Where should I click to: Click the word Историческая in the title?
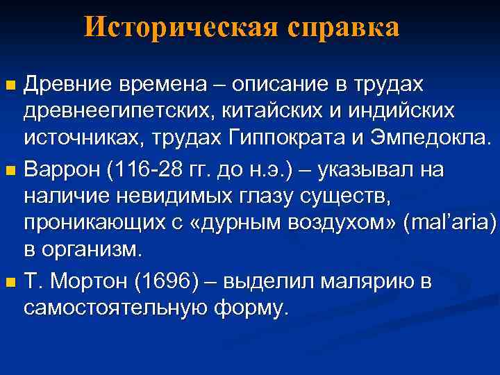coord(178,27)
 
